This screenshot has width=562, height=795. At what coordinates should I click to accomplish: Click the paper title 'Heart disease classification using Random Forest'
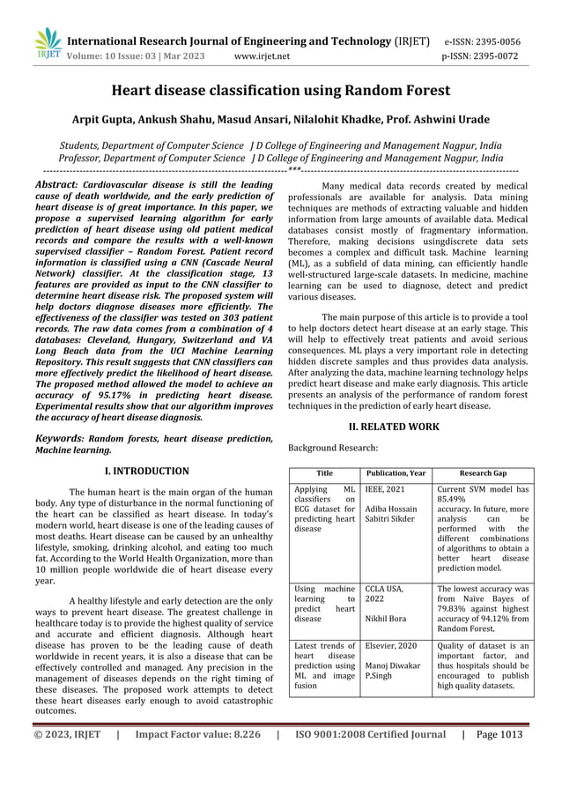point(280,91)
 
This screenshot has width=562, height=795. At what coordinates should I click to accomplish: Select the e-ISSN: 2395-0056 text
point(493,41)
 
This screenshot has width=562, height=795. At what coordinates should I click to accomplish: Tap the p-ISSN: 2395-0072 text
point(493,57)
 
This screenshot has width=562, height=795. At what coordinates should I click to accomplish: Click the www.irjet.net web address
point(263,57)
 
